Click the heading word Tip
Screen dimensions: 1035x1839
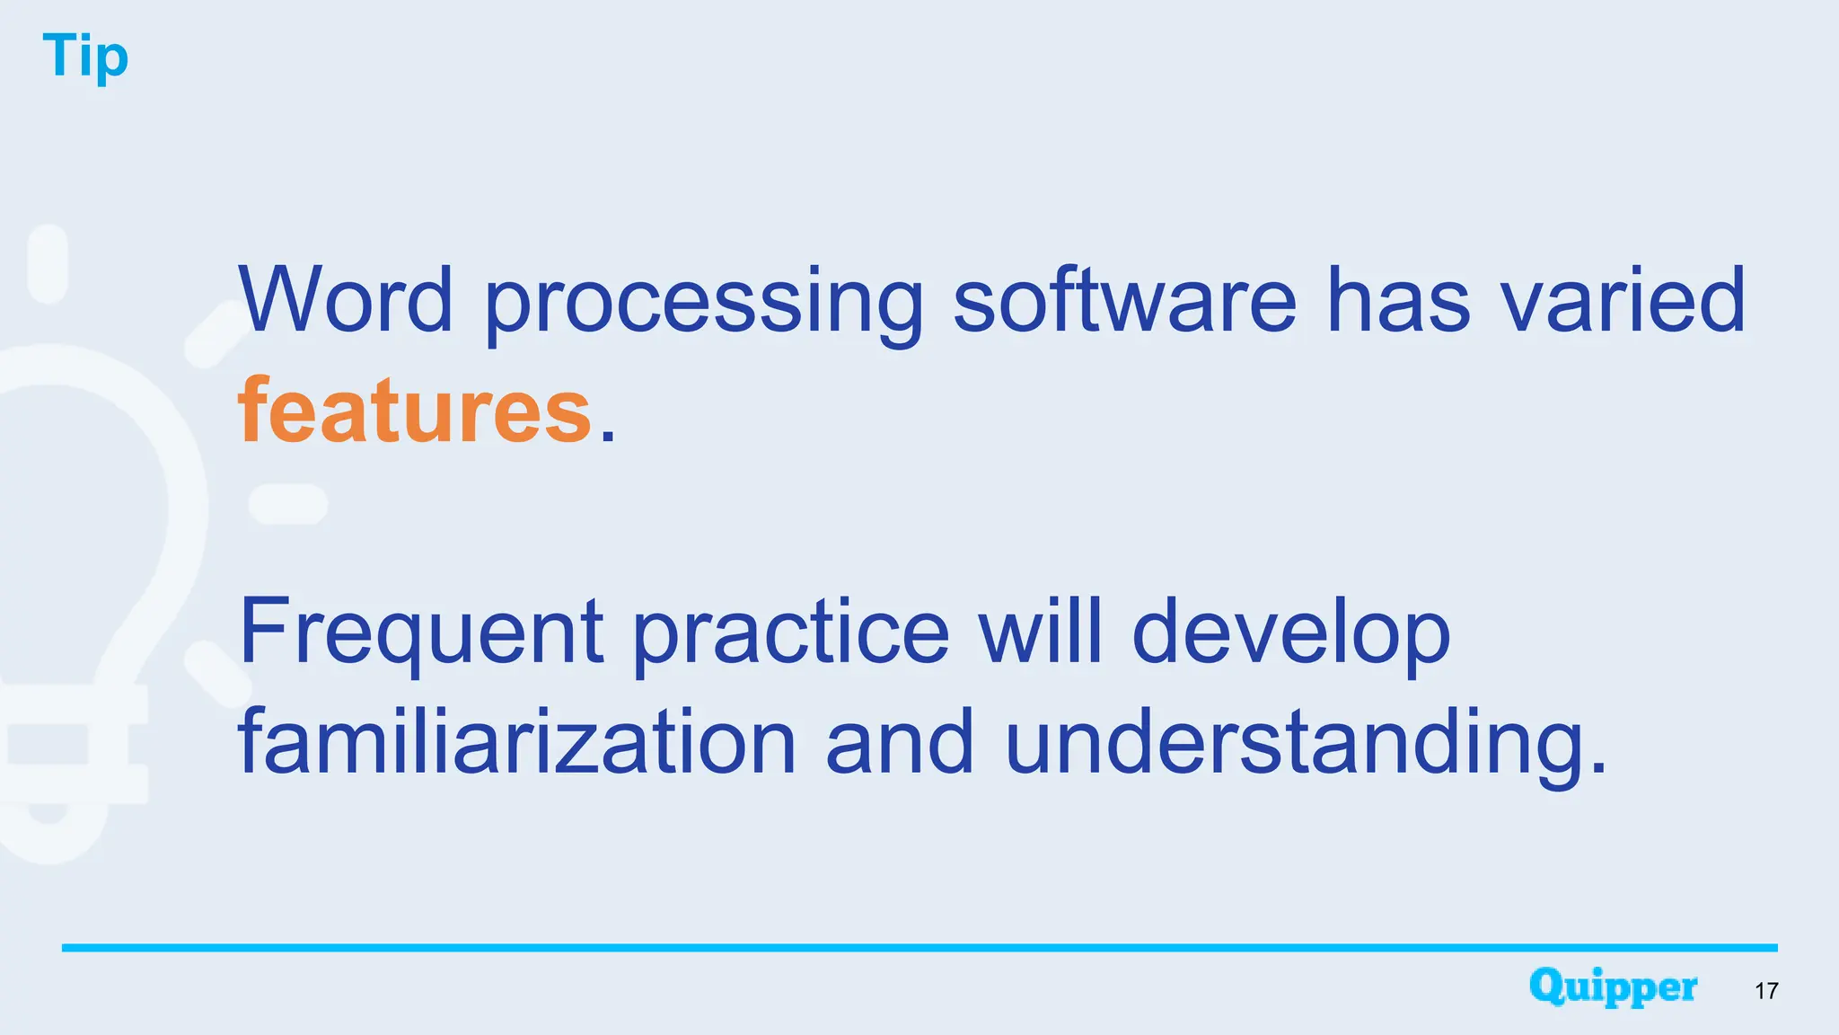point(85,57)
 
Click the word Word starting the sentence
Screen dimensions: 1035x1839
point(346,300)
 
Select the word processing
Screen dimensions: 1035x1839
point(703,304)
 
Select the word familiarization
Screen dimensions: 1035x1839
point(517,742)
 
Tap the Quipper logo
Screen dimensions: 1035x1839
point(1613,987)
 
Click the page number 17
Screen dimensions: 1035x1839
point(1766,991)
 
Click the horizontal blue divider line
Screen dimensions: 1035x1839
point(919,948)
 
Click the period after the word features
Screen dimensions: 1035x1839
point(608,436)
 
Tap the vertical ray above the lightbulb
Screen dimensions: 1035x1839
point(48,264)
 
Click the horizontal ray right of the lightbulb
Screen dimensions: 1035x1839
point(287,504)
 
